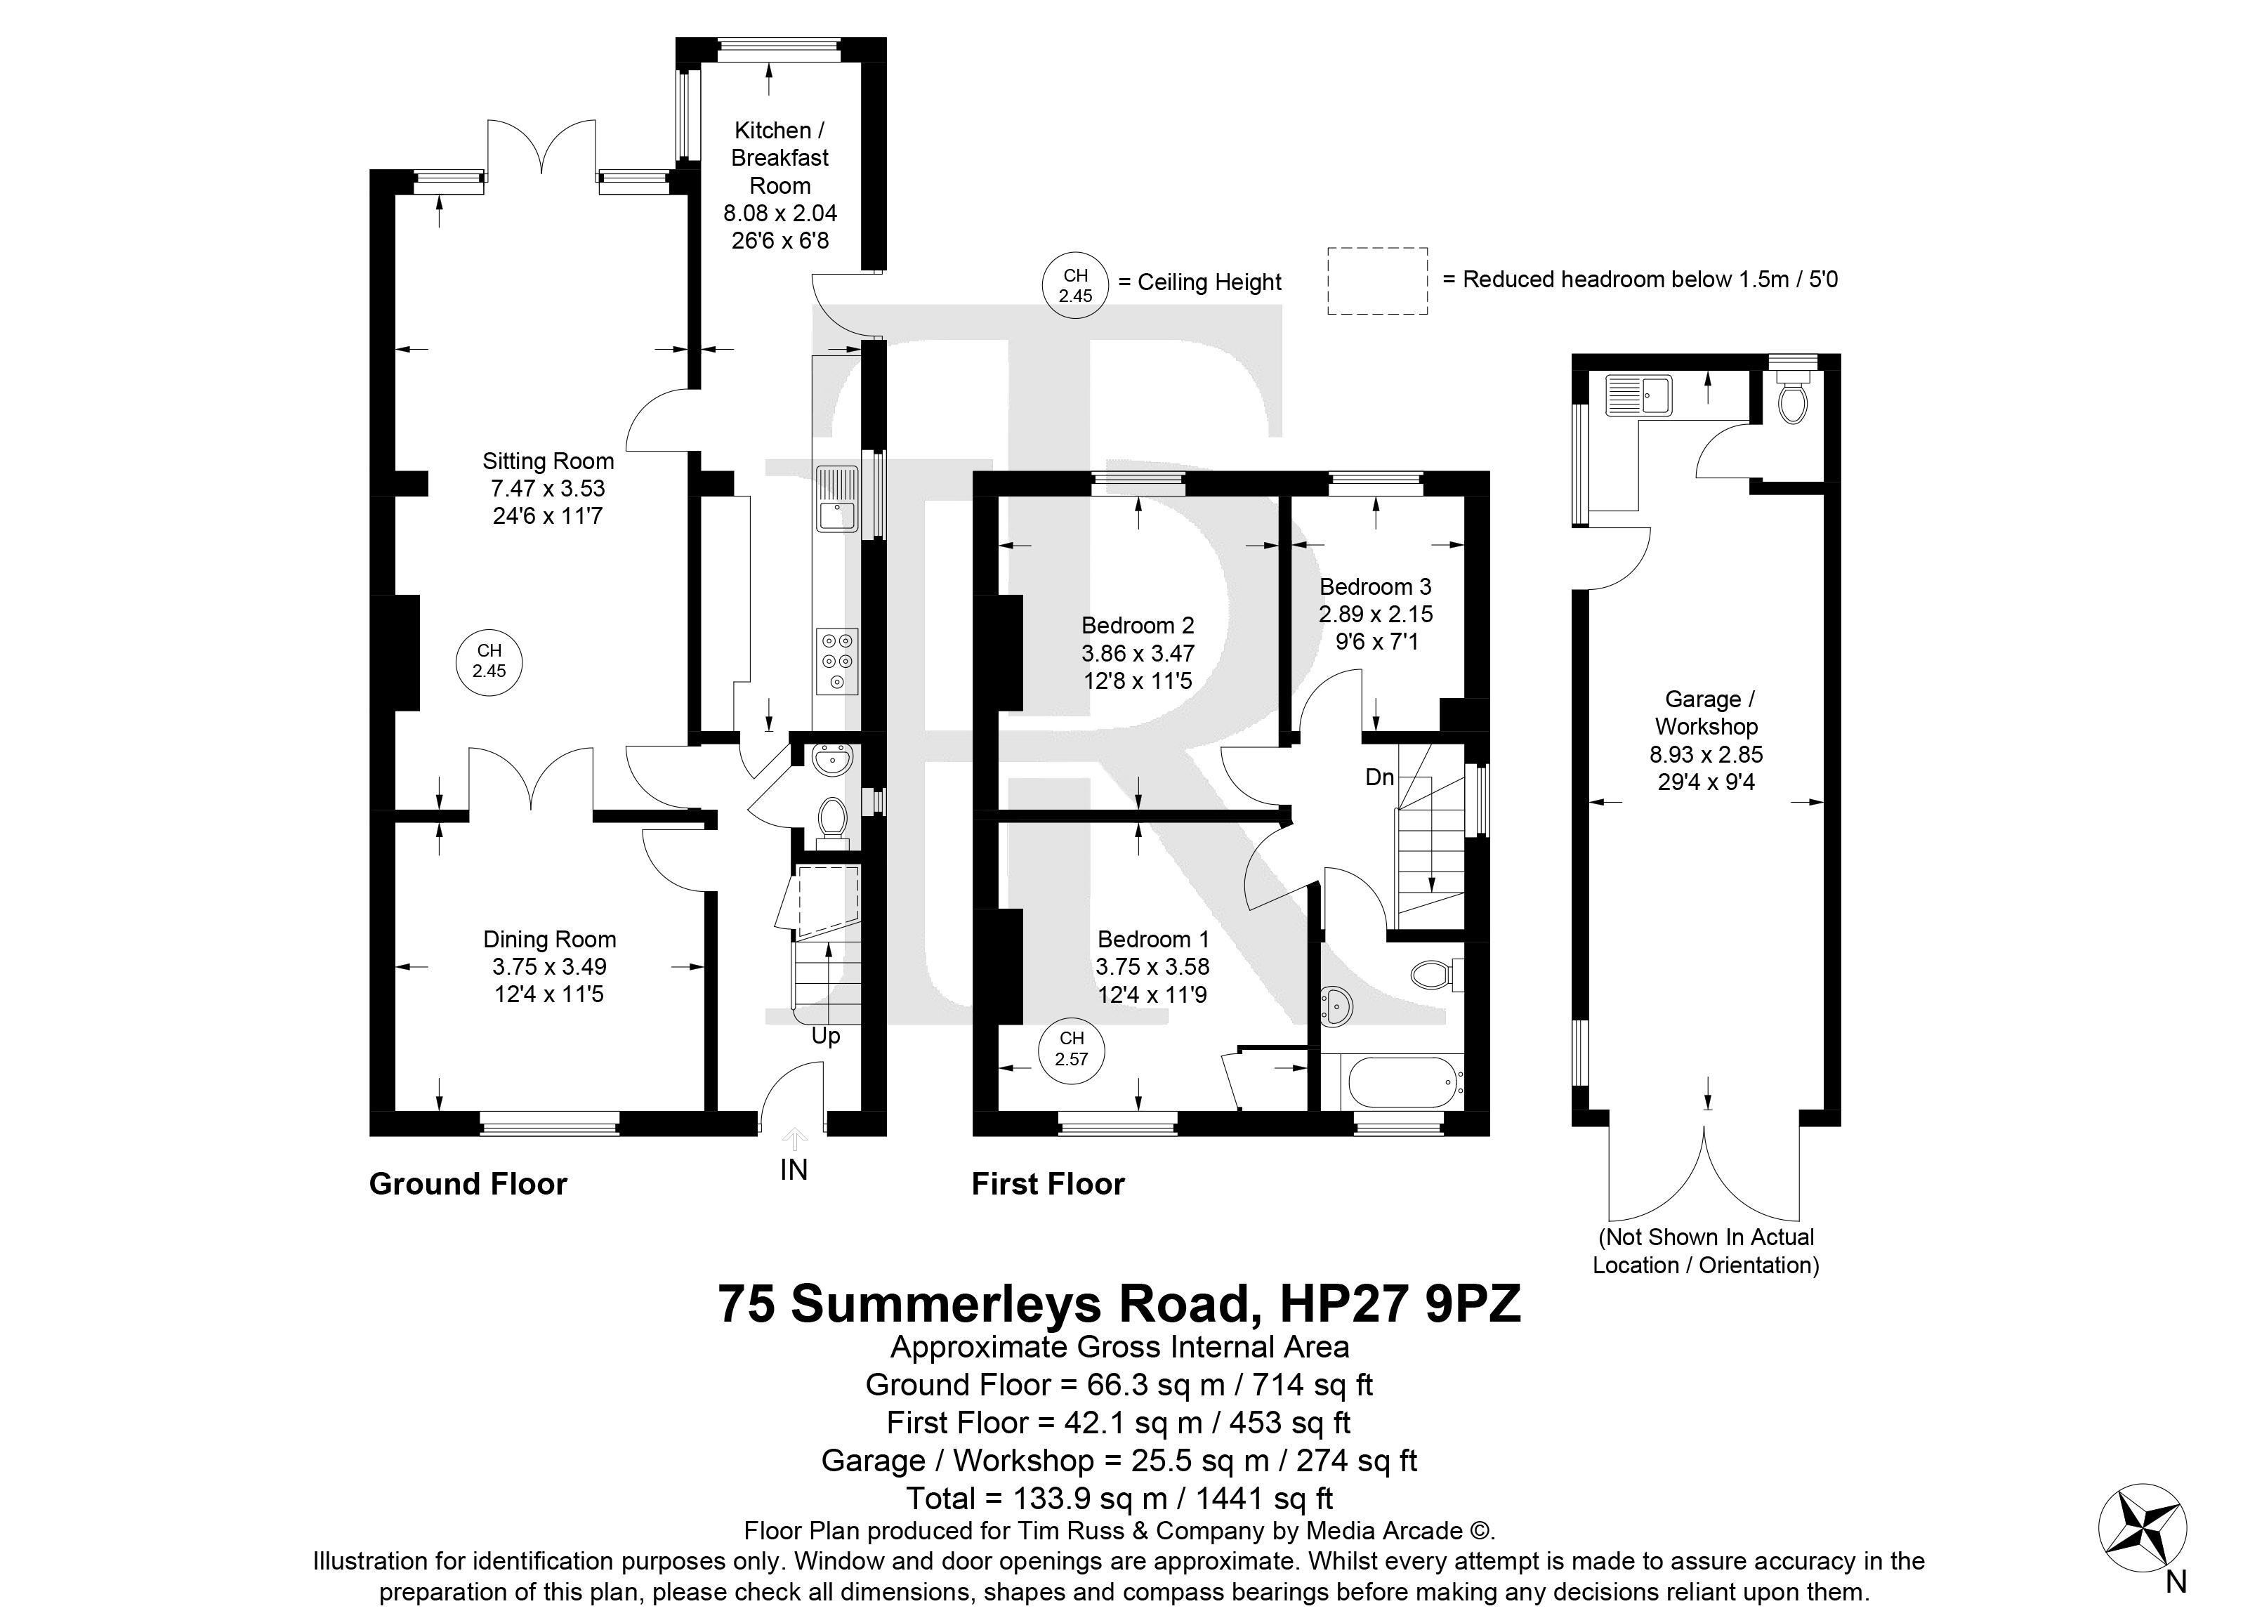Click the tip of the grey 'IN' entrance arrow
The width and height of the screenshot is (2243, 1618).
(x=794, y=1129)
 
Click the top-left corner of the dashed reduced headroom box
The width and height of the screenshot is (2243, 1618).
(x=1328, y=248)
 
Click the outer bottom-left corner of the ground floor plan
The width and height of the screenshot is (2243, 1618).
(x=370, y=1136)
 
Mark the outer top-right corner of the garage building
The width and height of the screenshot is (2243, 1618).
(x=1841, y=354)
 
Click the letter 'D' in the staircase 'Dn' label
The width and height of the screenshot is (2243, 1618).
(x=1374, y=777)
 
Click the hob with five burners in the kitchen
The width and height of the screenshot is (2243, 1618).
(x=838, y=662)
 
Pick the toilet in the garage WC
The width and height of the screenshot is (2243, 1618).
(x=1793, y=397)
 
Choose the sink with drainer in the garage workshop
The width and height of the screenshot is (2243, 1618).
(x=1639, y=395)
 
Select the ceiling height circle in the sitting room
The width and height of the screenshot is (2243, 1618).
(x=489, y=662)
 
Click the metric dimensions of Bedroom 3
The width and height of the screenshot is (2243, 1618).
(x=1376, y=614)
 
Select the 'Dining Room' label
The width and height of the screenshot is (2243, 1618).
(x=550, y=940)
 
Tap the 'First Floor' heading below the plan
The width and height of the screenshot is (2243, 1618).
(x=1048, y=1184)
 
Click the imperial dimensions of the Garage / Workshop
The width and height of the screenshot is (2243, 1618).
(x=1706, y=782)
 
